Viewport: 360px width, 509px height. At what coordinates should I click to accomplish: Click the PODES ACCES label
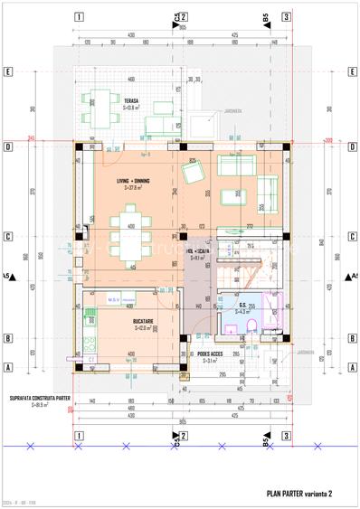[210, 353]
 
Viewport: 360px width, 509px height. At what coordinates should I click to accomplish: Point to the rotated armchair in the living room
[192, 173]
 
